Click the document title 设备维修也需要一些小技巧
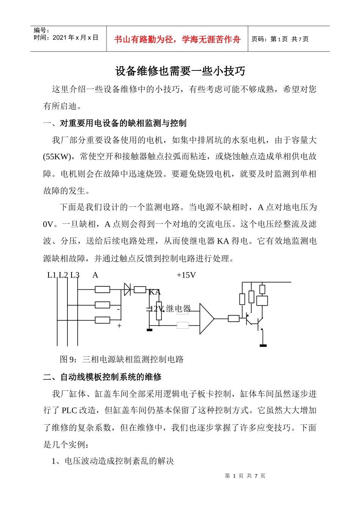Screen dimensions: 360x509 180,71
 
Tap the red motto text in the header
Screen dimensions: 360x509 177,39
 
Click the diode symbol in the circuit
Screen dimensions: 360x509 128,290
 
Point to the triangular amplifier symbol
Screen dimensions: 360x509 206,319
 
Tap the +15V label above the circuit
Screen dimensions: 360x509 186,275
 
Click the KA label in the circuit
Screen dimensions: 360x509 155,292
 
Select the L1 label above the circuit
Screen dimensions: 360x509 52,275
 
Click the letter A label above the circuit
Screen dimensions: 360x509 95,275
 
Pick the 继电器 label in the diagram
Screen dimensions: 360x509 178,309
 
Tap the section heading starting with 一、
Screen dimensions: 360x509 114,123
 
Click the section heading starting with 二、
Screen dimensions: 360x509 102,377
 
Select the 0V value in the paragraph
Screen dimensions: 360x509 48,224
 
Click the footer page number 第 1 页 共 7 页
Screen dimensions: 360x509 245,476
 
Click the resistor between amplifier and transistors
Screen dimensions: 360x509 233,319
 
